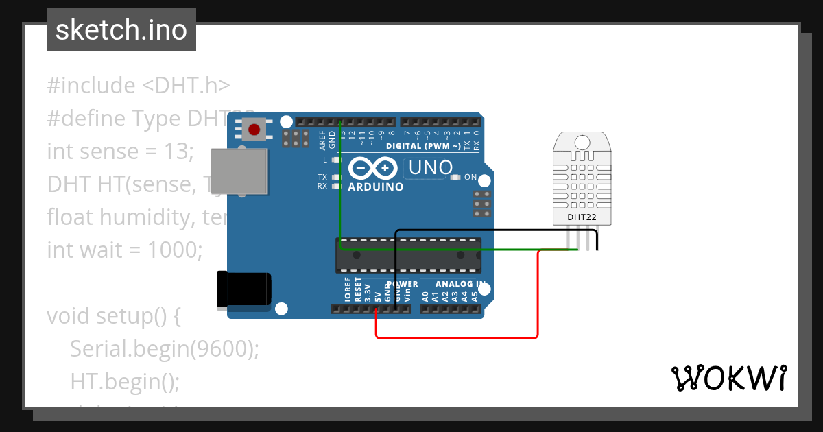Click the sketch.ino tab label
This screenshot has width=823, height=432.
tap(121, 30)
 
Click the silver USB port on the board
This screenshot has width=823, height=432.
tap(239, 171)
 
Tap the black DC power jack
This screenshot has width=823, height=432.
tap(243, 289)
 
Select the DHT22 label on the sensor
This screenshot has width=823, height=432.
tap(582, 217)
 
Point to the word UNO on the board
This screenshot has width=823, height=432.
tap(431, 167)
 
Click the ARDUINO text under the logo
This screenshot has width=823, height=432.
tap(375, 187)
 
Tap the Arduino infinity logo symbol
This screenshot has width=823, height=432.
tap(373, 168)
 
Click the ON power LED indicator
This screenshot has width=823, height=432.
tap(455, 177)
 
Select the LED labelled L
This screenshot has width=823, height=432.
tap(336, 160)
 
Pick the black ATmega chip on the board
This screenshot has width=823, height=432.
tap(408, 254)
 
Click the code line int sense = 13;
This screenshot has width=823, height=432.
tap(121, 151)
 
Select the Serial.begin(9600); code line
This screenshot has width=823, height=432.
tap(165, 349)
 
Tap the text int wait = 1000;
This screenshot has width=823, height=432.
tap(125, 250)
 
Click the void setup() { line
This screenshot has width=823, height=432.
tap(113, 316)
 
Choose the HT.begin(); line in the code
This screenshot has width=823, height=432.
tap(125, 381)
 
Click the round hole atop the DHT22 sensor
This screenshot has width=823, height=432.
tap(582, 143)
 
